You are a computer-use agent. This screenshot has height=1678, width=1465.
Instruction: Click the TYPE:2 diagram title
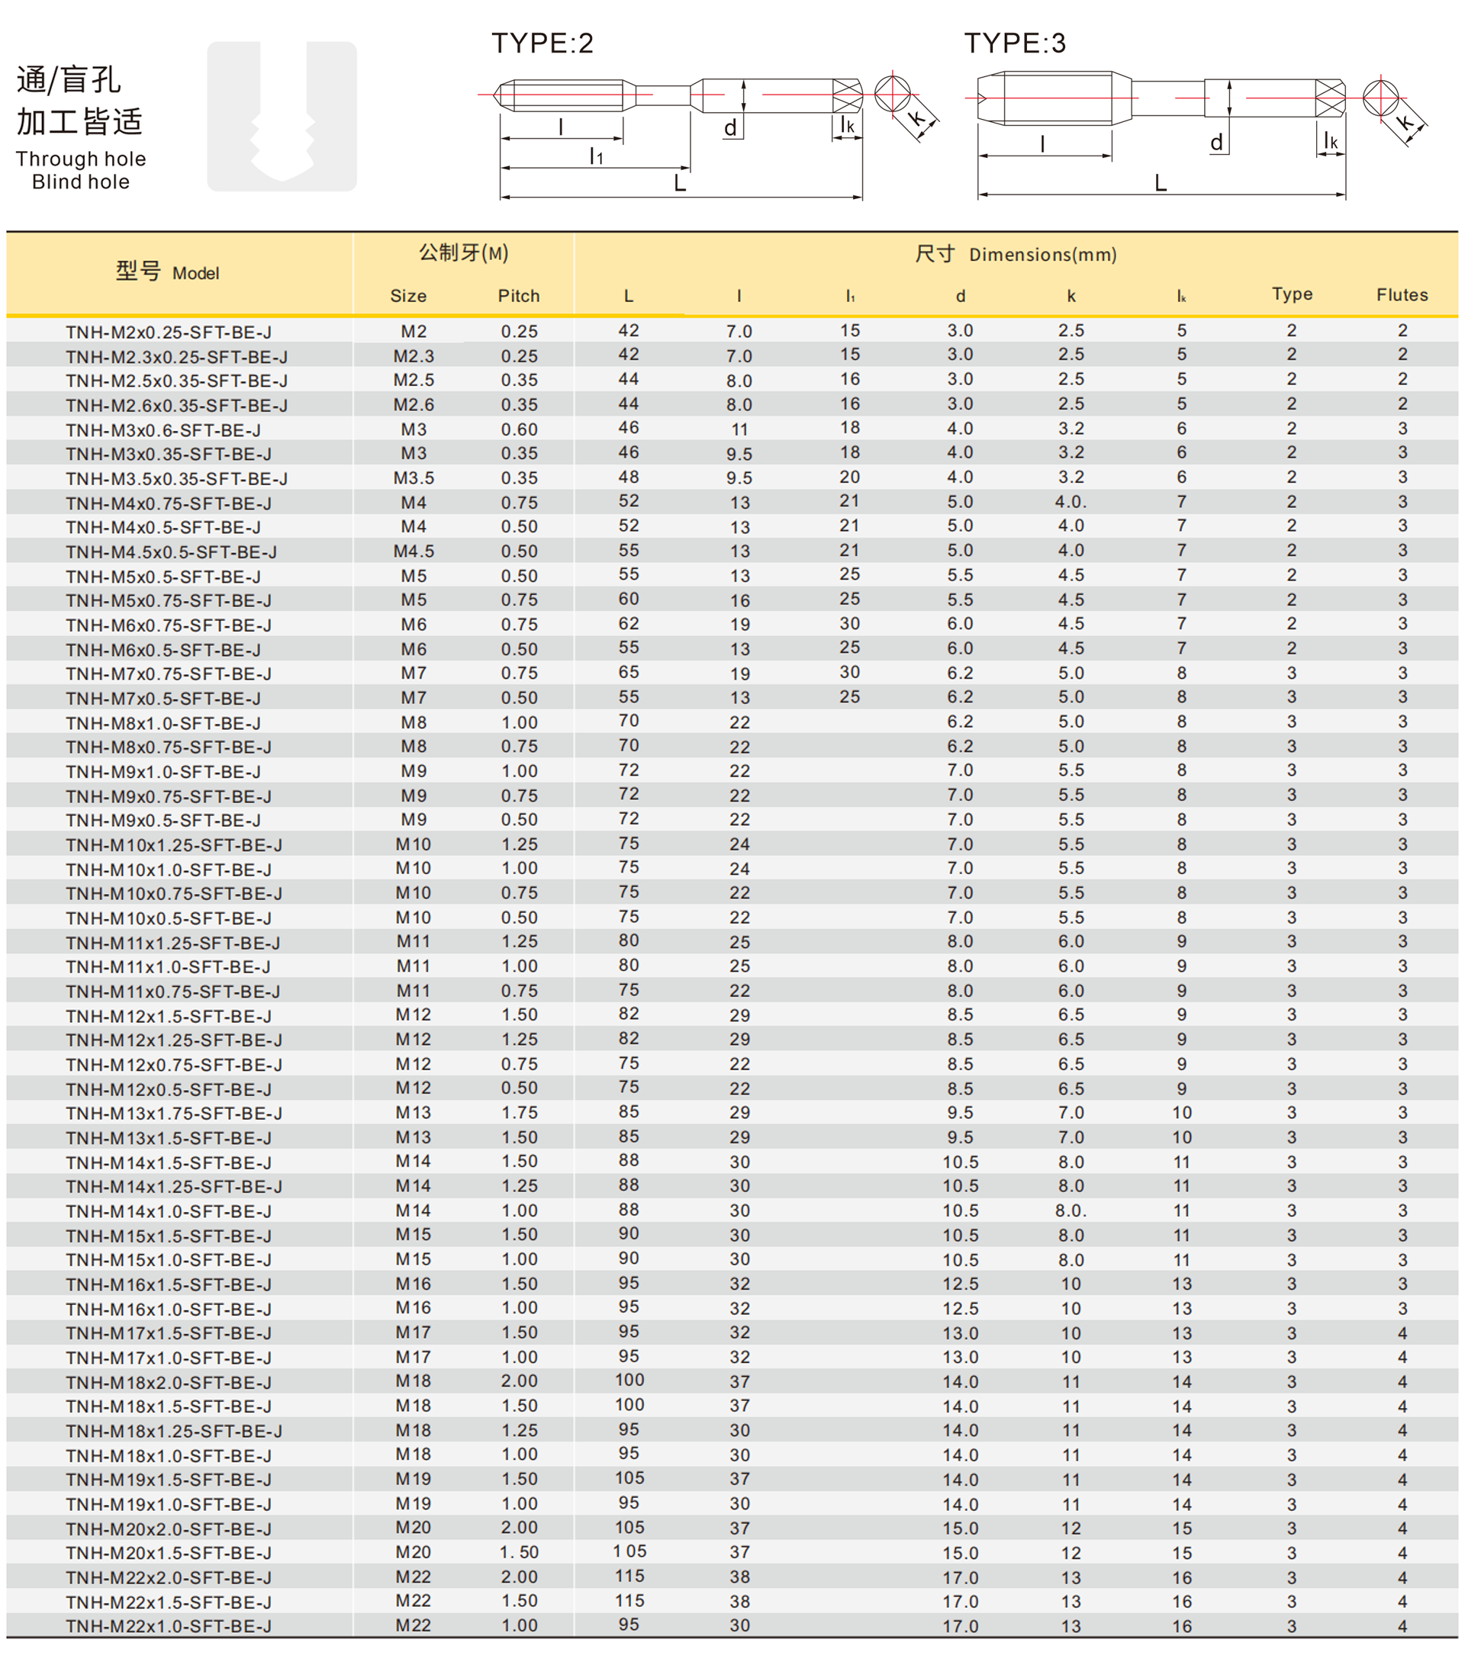[542, 43]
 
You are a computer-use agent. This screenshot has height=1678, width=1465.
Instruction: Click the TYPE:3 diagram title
[1015, 43]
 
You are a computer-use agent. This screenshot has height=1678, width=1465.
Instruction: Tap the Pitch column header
[518, 296]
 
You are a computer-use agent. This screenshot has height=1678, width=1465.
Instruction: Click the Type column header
[1292, 294]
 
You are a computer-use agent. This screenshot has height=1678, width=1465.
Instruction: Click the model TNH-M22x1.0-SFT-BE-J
[169, 1626]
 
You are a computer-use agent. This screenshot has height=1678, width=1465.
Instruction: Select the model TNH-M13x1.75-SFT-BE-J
[174, 1114]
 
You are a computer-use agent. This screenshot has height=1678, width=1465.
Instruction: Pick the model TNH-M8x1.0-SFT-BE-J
[163, 723]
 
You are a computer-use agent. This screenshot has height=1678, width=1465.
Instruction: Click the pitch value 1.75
[519, 1112]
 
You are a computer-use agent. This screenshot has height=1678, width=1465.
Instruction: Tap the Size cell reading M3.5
[414, 478]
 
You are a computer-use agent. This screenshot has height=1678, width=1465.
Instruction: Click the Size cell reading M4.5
[414, 551]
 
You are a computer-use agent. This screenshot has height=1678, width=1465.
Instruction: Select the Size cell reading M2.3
[414, 356]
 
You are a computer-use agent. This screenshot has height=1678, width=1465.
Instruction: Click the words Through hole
[81, 159]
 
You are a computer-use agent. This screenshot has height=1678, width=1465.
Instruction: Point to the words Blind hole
[81, 182]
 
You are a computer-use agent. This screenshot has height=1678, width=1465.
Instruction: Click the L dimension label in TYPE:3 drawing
[1160, 183]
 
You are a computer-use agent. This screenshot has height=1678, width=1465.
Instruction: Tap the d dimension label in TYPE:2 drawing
[730, 128]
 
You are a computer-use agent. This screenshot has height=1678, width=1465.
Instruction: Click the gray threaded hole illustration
[282, 116]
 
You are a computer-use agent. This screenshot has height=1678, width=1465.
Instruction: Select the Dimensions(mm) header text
[1042, 255]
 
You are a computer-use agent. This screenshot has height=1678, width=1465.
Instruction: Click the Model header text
[195, 274]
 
